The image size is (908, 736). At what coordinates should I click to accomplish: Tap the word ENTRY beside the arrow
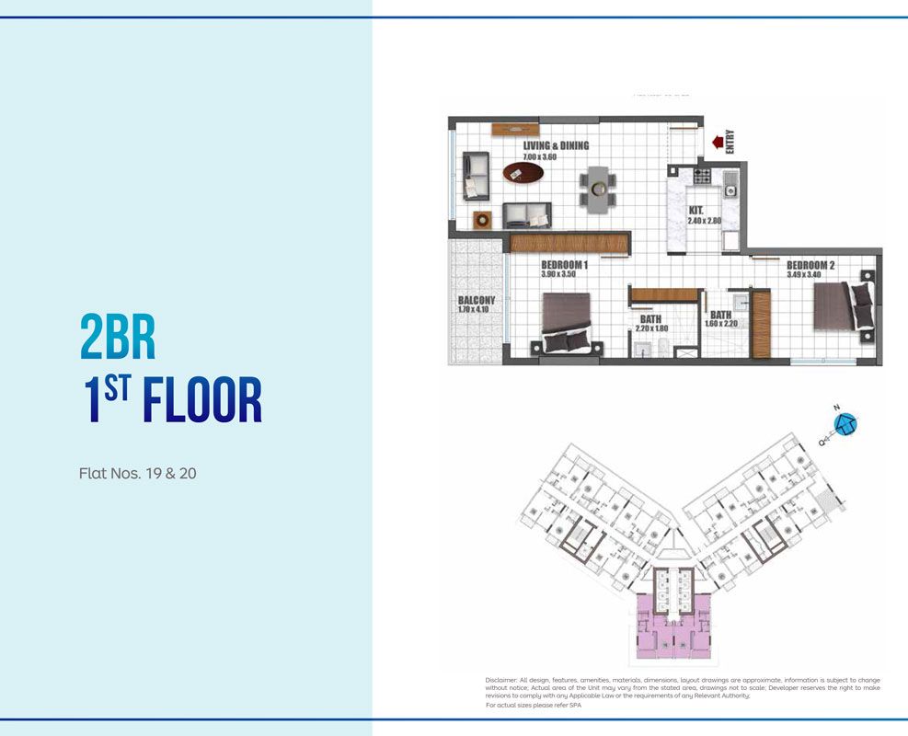click(730, 140)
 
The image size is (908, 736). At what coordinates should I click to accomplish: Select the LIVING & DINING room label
click(556, 145)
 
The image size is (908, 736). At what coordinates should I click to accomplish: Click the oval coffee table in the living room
click(522, 172)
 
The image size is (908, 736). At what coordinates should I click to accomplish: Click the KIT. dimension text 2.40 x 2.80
click(707, 222)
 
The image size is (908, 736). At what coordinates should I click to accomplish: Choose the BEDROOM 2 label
click(810, 264)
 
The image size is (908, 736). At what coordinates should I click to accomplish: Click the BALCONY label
click(477, 300)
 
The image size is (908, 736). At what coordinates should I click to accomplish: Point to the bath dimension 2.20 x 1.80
click(653, 328)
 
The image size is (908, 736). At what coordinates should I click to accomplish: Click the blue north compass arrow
click(845, 424)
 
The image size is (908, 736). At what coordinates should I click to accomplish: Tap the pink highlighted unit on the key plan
click(675, 626)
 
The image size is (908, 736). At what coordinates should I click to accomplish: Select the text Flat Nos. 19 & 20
click(137, 475)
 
